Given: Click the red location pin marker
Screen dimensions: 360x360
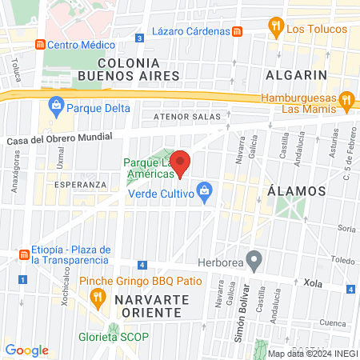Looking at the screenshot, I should pos(181,162).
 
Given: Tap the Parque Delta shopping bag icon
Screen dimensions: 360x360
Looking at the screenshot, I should pos(57,104).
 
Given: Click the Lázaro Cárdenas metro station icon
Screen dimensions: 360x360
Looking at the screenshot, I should pos(237,30).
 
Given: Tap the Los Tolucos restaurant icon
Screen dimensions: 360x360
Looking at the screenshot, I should pos(276,27).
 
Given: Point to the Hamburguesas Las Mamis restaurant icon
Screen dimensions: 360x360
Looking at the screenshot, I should pos(346,101).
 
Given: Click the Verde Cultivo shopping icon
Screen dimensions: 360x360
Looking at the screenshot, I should pos(206,192).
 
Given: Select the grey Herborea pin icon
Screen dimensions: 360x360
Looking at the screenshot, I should pos(254,258).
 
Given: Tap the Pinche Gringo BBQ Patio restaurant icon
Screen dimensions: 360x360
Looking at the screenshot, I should pos(98,298).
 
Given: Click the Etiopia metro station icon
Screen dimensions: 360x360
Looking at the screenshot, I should pos(24,254).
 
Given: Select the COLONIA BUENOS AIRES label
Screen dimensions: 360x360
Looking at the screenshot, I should pos(133,68).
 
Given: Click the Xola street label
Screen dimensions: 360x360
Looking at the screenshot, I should pos(312,283).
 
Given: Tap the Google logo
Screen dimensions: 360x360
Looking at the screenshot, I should pos(26,350).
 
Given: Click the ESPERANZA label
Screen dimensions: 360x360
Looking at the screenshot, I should pos(80,185).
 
